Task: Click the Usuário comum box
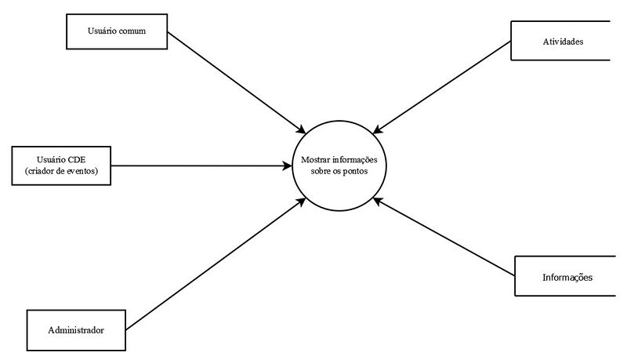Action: (x=118, y=31)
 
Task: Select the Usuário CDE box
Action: (x=61, y=165)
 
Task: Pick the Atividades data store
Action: (x=560, y=41)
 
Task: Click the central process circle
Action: (x=339, y=165)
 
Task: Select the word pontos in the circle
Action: (x=354, y=171)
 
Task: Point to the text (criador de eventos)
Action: (x=61, y=171)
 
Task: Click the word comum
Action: (x=131, y=31)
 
